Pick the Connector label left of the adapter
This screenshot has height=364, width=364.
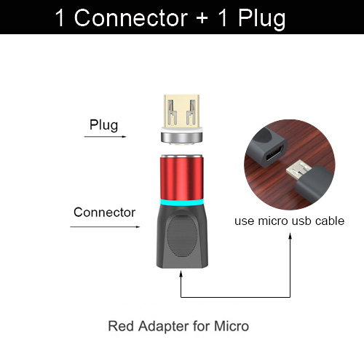[104, 213]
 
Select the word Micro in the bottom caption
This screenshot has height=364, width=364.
[232, 325]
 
